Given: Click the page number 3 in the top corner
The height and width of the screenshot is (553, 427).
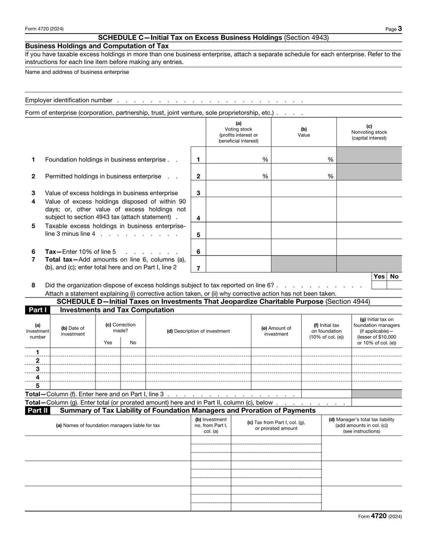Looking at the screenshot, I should pyautogui.click(x=399, y=28).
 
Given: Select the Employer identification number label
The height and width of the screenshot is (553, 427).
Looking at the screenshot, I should pyautogui.click(x=69, y=100).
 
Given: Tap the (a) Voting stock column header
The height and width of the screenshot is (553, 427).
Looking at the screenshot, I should pyautogui.click(x=238, y=131).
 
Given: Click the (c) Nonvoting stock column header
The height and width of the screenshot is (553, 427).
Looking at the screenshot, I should pyautogui.click(x=369, y=131).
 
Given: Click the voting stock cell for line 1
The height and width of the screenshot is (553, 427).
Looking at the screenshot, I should pyautogui.click(x=238, y=159).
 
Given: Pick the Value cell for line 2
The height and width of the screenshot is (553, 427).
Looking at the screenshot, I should pyautogui.click(x=304, y=176).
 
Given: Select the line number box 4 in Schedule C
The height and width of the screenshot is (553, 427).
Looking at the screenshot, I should pyautogui.click(x=198, y=218).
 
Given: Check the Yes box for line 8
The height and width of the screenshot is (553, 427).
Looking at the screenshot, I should pyautogui.click(x=378, y=285).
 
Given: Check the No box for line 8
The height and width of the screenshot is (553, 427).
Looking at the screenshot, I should pyautogui.click(x=394, y=285).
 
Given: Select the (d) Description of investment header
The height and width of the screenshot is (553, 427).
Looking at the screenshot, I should pyautogui.click(x=198, y=331).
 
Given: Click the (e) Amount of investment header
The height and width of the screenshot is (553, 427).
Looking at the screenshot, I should pyautogui.click(x=276, y=331).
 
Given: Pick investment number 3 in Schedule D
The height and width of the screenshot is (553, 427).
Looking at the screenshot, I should pyautogui.click(x=37, y=369).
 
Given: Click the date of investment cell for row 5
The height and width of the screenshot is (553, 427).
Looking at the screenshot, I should pyautogui.click(x=73, y=385).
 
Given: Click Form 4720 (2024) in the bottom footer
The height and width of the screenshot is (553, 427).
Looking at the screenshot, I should pyautogui.click(x=379, y=517).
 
